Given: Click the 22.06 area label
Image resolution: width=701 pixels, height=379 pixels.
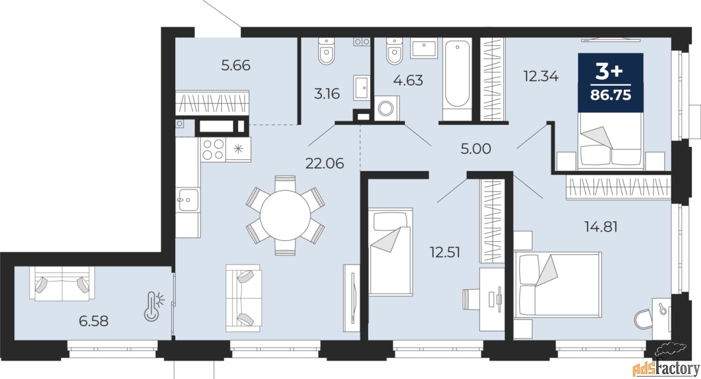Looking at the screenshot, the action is point(325,163).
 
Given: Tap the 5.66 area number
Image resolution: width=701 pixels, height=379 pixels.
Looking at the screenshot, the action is point(235,65).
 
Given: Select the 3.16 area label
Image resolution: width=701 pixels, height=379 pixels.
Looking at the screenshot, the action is point(327,94).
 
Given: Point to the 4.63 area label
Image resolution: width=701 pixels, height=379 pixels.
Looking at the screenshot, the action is point(408,81).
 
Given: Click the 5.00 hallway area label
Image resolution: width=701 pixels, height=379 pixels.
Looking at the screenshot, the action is point(476,149).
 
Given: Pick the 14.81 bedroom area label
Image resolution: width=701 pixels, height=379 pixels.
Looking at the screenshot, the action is point(601,227).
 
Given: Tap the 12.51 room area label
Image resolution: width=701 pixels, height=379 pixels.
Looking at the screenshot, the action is point(445,252).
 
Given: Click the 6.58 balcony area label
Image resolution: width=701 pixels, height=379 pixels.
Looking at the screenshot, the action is point(94,321).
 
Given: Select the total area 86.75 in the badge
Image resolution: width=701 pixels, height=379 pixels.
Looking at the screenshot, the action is point(611,95).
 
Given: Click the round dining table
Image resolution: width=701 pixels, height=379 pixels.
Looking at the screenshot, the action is point(285,215).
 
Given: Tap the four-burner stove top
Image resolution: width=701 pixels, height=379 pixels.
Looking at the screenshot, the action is point(213,150).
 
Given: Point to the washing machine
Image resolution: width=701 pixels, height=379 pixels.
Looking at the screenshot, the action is point(387,108).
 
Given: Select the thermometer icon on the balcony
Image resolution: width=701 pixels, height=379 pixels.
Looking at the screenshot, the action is point(154,307).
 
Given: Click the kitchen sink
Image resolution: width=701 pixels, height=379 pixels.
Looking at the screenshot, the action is point(188,200).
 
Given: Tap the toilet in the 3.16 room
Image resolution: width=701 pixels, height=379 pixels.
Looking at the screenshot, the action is point(326,51).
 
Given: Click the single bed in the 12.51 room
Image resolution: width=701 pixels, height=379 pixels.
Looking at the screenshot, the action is point(390,252).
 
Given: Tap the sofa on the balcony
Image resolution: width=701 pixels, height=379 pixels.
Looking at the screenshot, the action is point(62,284).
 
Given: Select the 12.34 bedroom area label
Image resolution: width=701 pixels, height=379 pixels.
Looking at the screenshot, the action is point(541,76).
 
